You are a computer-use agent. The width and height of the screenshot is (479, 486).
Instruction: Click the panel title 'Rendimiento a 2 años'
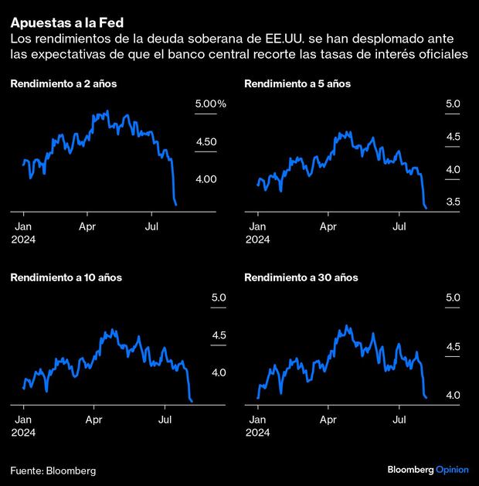pos(64,83)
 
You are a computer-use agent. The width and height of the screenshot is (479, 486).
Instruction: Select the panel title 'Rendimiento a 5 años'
pos(297,83)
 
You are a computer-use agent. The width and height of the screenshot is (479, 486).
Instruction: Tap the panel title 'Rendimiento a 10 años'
pos(66,277)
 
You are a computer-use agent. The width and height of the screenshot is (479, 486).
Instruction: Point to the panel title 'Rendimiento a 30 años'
pos(300,277)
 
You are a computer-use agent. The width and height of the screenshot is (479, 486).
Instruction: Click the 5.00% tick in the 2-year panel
pos(210,104)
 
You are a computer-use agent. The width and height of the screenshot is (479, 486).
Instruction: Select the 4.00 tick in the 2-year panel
pos(206,178)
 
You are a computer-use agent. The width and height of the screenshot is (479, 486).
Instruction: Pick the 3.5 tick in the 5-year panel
pos(453,202)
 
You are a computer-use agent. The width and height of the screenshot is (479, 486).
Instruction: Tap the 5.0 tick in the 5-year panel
pos(453,104)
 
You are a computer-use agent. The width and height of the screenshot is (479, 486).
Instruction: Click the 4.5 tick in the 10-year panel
pos(219,335)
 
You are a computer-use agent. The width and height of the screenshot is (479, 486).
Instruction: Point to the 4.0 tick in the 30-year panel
pos(453,395)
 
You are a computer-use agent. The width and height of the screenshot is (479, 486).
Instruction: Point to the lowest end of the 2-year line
pos(178,206)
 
